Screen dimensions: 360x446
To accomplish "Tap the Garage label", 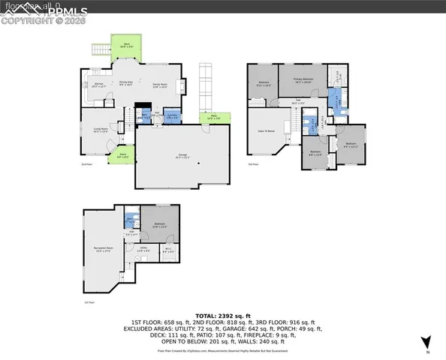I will click(x=177, y=157).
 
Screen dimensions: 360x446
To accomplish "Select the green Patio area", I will click(x=214, y=118).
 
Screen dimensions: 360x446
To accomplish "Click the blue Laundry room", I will click(x=172, y=117).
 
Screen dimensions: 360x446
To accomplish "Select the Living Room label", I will click(x=99, y=130).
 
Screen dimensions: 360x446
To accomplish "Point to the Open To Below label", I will click(x=264, y=130).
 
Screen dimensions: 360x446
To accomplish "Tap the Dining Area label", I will click(x=127, y=84).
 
